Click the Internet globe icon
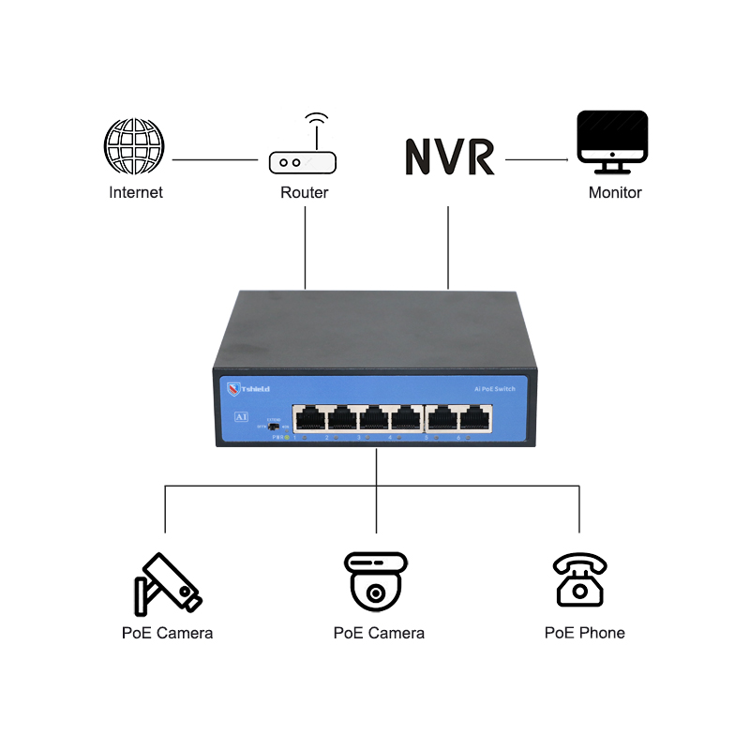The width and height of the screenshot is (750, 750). pos(134,145)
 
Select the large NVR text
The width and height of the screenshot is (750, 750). pos(449,157)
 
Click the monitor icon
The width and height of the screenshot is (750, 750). pos(612,142)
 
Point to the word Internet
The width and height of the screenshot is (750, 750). pos(136,192)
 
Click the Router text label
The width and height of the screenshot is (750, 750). pos(305,192)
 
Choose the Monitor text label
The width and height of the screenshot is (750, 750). pos(615,192)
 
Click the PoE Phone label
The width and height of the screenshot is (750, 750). pos(585,633)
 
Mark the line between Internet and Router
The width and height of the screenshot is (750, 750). pos(215,159)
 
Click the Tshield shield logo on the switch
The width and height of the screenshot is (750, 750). pos(233,388)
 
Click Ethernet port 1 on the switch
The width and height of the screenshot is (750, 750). pos(308,418)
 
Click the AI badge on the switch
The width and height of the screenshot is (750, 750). pos(240,415)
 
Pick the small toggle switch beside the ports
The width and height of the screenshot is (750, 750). pos(273,426)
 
